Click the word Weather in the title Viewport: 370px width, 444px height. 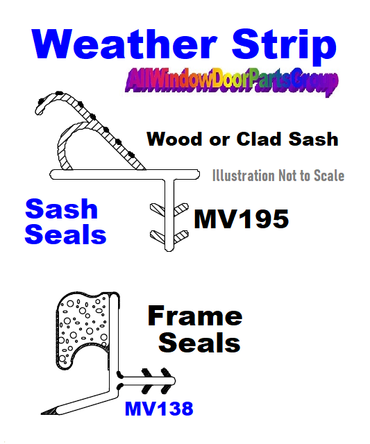124,44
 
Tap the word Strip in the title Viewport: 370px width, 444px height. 284,46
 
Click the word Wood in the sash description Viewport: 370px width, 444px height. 174,139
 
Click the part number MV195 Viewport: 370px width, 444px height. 242,219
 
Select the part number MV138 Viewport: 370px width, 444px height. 159,409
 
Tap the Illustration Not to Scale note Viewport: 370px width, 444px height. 278,176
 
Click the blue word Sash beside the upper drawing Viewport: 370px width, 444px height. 62,209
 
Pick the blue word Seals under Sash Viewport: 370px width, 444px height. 65,234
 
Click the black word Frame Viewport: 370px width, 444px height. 195,316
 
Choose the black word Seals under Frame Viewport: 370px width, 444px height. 199,342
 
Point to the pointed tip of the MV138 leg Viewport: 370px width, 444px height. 42,413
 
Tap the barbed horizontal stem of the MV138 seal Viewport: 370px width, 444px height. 147,381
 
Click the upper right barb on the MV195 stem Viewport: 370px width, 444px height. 181,210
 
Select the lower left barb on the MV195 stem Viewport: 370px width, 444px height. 158,237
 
